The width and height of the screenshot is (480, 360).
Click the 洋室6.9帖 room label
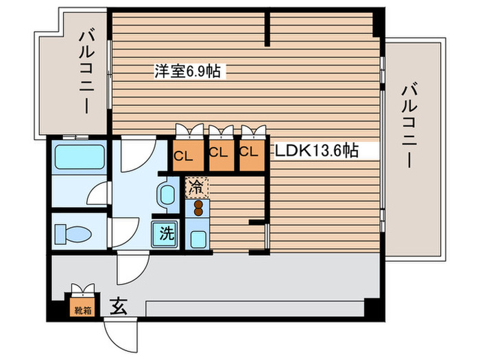click(x=187, y=71)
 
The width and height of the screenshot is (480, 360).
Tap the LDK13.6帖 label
click(x=317, y=152)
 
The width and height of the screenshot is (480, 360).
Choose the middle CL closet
click(x=219, y=154)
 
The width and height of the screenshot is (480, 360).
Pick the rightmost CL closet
click(x=251, y=154)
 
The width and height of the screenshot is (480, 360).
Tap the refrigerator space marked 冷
click(x=195, y=185)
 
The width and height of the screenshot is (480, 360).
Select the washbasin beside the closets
click(x=167, y=197)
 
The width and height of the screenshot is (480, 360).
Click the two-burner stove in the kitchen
click(x=197, y=206)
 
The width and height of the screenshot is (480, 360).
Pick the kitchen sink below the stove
click(x=197, y=238)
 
